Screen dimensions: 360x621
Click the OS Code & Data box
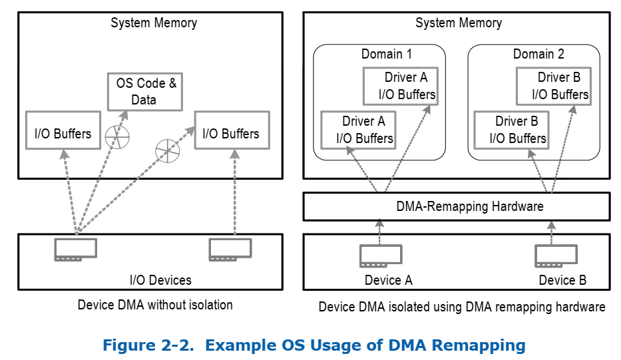tap(145, 92)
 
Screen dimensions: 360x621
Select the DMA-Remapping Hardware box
tap(457, 206)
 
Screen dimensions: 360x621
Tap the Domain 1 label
tap(386, 54)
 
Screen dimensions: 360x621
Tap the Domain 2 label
tap(538, 54)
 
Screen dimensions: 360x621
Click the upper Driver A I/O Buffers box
tap(399, 86)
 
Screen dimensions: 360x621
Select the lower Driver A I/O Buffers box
tap(357, 130)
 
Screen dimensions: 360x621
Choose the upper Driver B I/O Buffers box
tap(552, 86)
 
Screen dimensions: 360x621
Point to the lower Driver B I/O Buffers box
tap(511, 130)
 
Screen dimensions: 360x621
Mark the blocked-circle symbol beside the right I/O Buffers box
tap(167, 150)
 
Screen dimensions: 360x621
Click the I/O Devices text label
tap(160, 280)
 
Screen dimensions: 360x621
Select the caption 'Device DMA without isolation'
tap(155, 305)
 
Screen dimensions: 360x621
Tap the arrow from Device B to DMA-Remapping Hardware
tap(551, 232)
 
